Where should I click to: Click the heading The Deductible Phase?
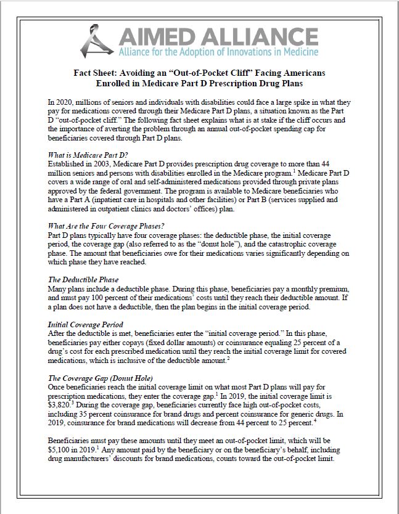click(x=83, y=279)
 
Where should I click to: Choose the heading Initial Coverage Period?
click(x=86, y=324)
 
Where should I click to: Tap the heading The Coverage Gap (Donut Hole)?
click(x=100, y=377)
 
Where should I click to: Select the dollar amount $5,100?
click(x=60, y=451)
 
